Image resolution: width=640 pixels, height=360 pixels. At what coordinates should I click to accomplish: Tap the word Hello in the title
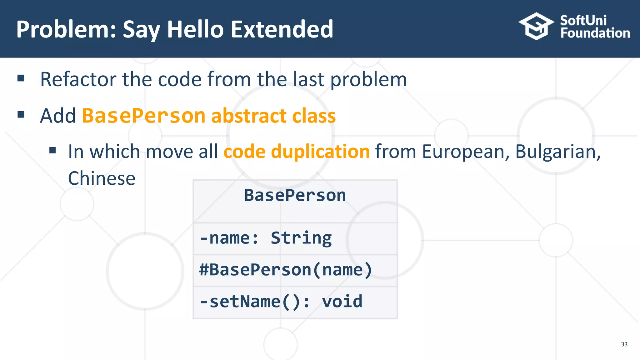tap(195, 29)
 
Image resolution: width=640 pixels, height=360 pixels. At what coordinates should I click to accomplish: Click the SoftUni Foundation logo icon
tap(536, 26)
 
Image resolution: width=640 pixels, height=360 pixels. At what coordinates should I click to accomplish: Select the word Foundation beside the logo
tap(595, 33)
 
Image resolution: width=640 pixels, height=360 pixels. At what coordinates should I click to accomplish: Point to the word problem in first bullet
tap(369, 80)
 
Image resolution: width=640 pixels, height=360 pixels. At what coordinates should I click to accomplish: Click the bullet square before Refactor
tap(21, 78)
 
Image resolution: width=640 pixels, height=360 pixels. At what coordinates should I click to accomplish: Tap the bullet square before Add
tap(21, 115)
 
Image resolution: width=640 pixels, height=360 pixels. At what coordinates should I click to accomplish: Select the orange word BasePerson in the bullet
tap(143, 116)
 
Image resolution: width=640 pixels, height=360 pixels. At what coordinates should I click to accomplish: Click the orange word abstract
tap(249, 116)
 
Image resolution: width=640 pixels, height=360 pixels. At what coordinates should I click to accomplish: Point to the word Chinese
tap(102, 178)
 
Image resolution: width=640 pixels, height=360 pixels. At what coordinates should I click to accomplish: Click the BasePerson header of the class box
tap(295, 196)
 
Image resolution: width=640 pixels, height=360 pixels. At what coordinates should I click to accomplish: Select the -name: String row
tap(266, 238)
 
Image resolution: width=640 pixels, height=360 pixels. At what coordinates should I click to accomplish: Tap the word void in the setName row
tap(342, 302)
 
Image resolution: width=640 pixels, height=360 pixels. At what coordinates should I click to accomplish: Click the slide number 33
tap(624, 344)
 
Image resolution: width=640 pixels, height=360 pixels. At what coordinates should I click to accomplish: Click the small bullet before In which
tap(52, 151)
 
